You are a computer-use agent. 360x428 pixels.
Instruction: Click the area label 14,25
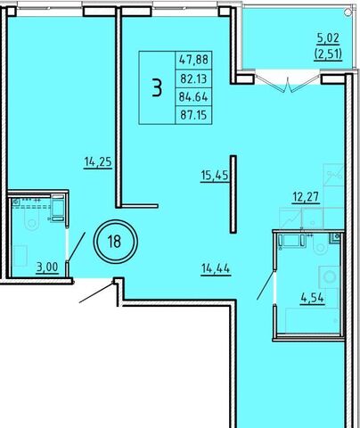(98, 162)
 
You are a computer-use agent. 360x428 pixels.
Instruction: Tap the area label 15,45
(215, 176)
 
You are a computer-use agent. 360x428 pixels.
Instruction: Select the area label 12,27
(306, 197)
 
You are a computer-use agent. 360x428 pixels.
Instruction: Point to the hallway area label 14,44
(216, 269)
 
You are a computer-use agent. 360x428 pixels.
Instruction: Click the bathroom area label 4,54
(313, 298)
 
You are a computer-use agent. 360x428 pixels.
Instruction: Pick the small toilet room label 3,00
(47, 267)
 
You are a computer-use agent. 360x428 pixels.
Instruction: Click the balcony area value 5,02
(328, 38)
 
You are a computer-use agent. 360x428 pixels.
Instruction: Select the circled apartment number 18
(115, 242)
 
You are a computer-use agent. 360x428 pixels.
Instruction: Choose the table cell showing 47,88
(193, 60)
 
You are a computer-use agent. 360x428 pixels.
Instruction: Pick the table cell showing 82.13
(193, 78)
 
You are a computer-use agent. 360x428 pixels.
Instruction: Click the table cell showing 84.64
(193, 97)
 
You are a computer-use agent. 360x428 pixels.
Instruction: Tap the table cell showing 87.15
(193, 115)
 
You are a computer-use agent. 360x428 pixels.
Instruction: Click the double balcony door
(288, 80)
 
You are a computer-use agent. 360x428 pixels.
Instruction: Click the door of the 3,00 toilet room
(77, 247)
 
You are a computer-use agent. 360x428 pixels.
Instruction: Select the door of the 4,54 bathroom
(266, 284)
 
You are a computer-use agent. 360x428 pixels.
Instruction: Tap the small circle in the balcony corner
(348, 12)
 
